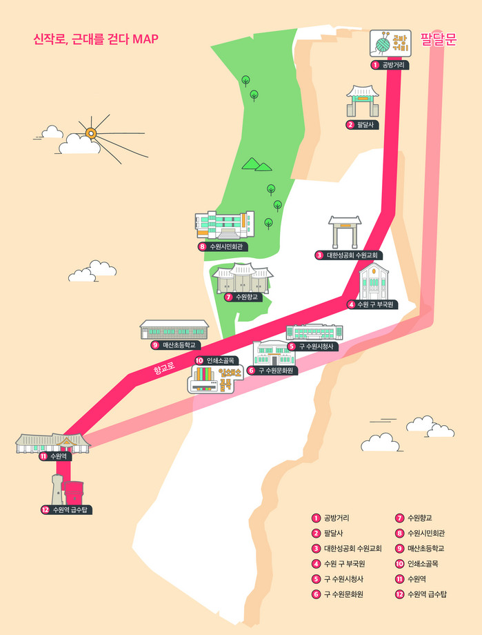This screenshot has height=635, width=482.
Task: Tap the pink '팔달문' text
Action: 439,39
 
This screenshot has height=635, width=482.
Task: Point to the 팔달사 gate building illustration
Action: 363,101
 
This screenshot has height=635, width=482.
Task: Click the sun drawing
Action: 90,133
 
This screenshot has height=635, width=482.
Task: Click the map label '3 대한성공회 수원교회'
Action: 350,255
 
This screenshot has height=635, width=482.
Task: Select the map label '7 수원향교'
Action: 241,297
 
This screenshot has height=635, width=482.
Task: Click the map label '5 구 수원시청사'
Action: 313,346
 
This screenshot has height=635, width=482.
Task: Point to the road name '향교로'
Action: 166,371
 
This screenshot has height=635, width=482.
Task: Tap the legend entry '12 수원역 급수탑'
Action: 421,594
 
